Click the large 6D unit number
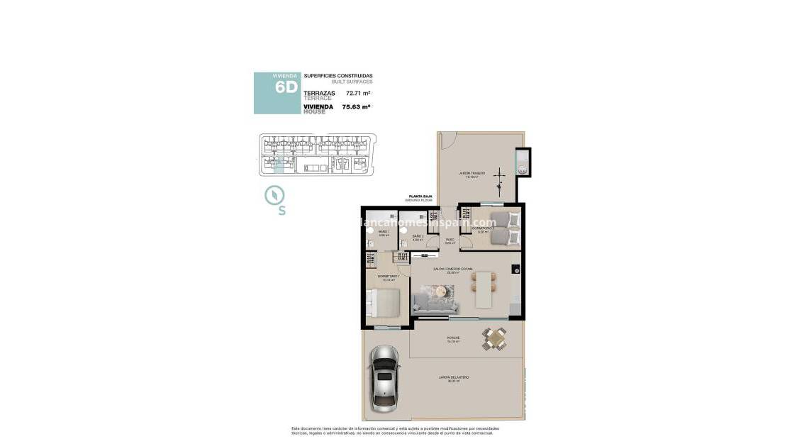(x=277, y=89)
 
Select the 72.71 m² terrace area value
(x=358, y=93)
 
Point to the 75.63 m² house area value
(x=356, y=107)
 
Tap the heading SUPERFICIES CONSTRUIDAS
(x=337, y=75)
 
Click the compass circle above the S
(x=274, y=195)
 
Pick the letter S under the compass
(x=281, y=211)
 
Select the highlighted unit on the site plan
(x=278, y=165)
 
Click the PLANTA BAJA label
(x=418, y=196)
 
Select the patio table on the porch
(x=495, y=340)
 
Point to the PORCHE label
(x=454, y=338)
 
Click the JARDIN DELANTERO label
(x=454, y=377)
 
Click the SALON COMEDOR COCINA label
(x=454, y=269)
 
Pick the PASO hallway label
(x=450, y=240)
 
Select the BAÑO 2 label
(x=418, y=236)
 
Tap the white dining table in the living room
(x=484, y=290)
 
